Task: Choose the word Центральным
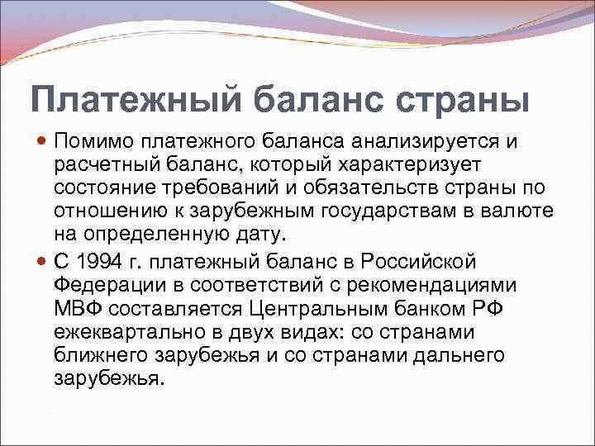[296, 310]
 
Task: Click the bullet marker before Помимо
[42, 141]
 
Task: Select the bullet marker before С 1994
[42, 262]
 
